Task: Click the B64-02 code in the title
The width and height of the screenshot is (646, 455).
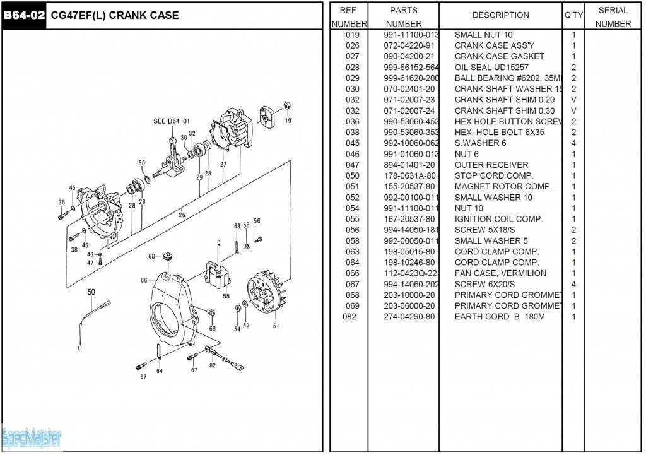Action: (24, 15)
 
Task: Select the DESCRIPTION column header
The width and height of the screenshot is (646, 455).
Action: (500, 15)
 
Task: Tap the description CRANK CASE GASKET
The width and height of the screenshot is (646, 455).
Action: (499, 56)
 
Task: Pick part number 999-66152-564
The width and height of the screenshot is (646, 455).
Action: (411, 68)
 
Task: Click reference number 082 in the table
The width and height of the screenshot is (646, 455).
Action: (352, 317)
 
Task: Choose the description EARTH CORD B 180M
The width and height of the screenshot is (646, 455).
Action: (499, 317)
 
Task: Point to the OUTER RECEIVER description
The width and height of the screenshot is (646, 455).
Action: (491, 165)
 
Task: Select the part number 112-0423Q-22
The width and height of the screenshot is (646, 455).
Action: (411, 273)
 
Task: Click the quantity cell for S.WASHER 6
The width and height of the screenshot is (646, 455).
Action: (573, 143)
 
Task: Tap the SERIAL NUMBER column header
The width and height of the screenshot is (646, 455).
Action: (613, 17)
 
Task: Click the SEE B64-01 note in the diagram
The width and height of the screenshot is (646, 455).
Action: (172, 121)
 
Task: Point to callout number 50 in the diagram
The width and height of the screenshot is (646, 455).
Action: (91, 292)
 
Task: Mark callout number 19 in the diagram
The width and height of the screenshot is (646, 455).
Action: (288, 121)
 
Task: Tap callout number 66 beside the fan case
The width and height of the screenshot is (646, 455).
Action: (144, 280)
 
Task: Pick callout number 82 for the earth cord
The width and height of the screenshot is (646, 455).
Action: (213, 365)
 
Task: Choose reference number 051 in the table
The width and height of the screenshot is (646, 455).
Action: (352, 187)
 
